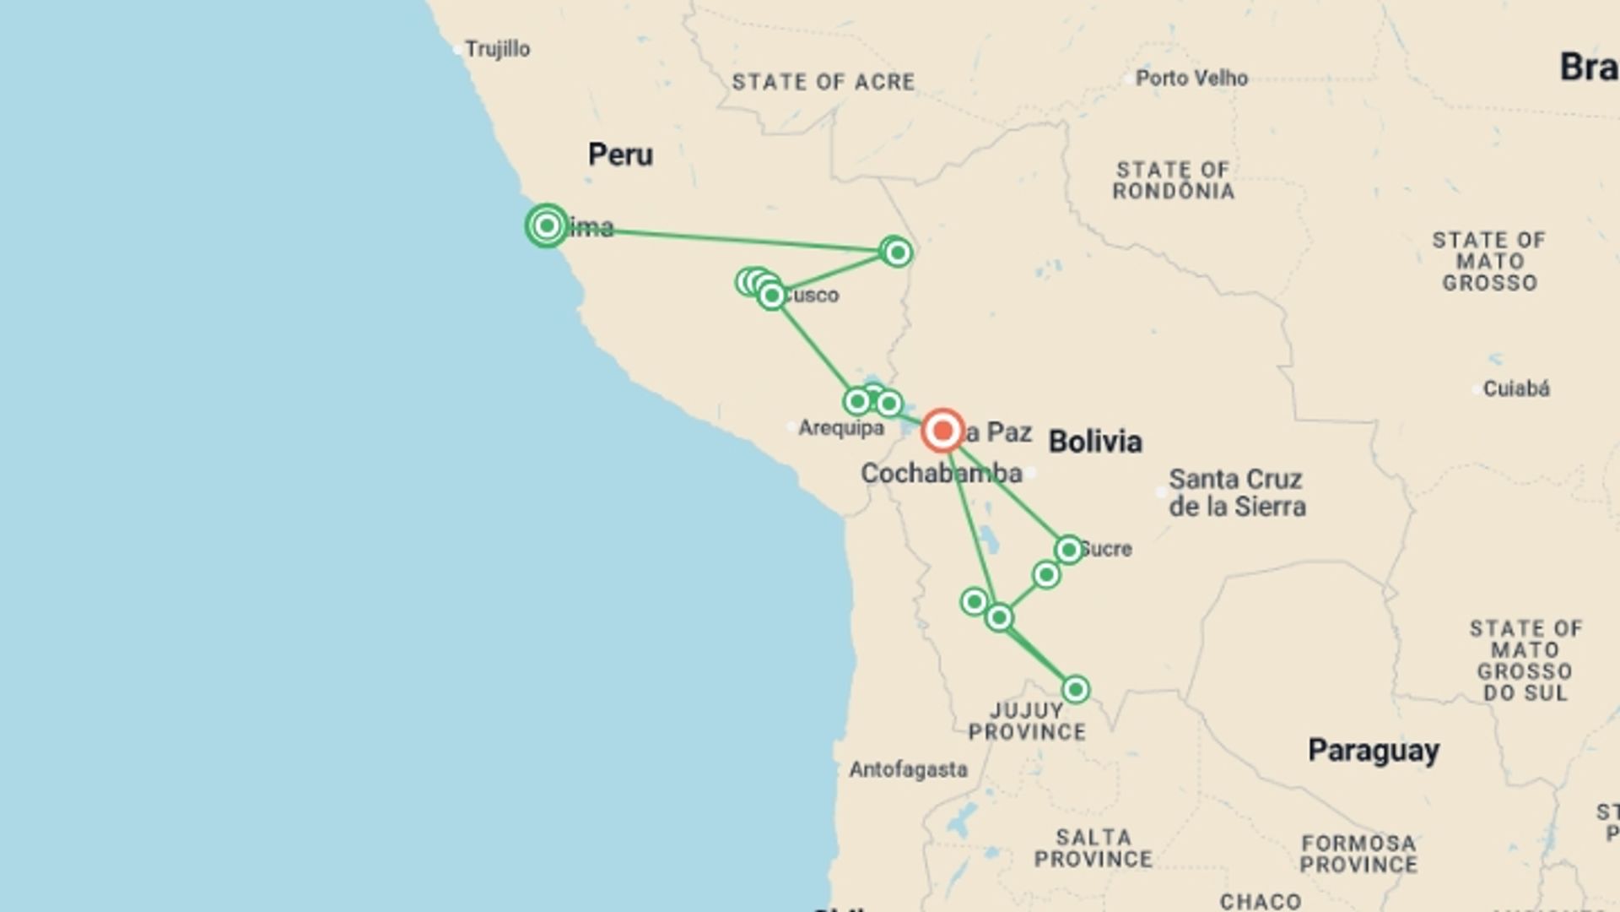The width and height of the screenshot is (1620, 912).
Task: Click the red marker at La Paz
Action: point(942,431)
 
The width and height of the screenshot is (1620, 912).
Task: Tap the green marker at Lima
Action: point(547,225)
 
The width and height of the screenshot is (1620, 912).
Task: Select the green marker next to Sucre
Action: point(1068,550)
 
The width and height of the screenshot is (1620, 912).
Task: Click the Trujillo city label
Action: point(497,49)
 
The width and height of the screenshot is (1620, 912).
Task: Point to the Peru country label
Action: point(620,155)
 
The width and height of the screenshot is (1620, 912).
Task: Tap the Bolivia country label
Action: point(1095,442)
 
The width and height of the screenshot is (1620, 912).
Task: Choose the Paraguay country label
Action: point(1374,751)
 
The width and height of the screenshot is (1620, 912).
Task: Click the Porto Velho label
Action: point(1191,79)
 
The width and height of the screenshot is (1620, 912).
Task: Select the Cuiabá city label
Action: point(1516,389)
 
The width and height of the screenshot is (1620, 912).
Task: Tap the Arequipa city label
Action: point(841,428)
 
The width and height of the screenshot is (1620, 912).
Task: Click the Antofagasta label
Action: point(908,770)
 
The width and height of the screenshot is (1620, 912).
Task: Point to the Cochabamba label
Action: point(941,474)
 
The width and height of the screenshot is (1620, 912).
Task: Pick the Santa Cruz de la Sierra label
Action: point(1237,493)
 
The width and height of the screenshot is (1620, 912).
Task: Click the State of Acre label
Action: point(823,82)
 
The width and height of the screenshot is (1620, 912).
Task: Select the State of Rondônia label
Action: point(1173,181)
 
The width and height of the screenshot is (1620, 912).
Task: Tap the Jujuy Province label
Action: point(1027,721)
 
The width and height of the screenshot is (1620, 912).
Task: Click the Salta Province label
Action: point(1093,848)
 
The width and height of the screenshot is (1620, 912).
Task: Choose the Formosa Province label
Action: point(1358,854)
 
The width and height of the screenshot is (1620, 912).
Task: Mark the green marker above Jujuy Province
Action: point(1075,689)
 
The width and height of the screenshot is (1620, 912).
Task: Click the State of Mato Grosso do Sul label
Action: point(1525,660)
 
